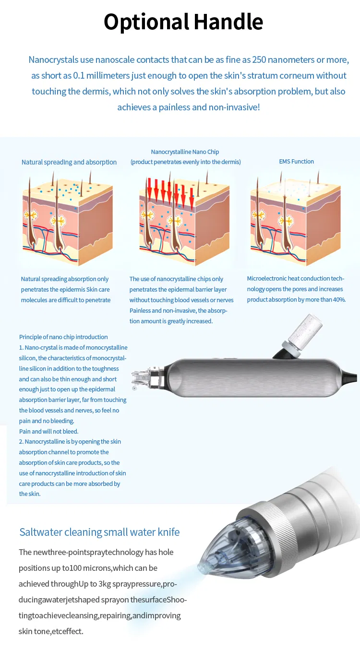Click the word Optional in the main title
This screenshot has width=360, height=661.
coord(146,22)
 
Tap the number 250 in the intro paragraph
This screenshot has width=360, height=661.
coord(276,60)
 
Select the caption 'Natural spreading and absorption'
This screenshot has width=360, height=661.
coord(69,162)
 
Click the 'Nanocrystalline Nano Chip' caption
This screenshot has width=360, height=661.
coord(185,152)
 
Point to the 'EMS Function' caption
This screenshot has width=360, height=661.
coord(296,162)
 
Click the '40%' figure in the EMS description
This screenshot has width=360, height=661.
coord(337,300)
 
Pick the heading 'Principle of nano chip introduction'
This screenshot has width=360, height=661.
coord(63,337)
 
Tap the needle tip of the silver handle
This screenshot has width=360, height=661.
coord(144,378)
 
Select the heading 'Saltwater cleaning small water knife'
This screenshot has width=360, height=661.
coord(99,532)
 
